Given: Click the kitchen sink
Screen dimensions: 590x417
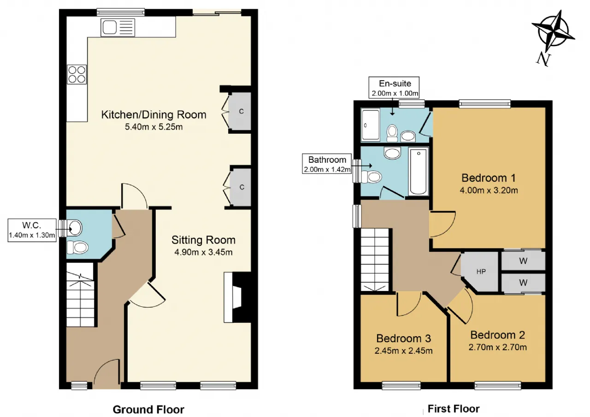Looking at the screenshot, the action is point(118,27).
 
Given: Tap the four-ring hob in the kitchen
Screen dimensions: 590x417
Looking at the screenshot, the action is point(77,74).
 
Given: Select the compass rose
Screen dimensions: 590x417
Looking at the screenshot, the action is point(553,38).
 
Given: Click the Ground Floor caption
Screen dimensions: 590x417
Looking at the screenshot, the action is point(148,409).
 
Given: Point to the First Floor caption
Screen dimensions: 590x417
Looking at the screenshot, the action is point(453,409).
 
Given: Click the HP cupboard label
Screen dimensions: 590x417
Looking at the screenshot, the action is point(481,272).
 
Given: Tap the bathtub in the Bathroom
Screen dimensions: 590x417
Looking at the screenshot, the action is point(418,171).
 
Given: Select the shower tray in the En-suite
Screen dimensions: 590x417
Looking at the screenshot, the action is point(370,125).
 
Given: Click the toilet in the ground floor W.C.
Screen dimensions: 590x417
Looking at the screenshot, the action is point(77,247).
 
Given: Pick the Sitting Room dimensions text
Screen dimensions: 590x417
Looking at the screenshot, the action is point(203,252).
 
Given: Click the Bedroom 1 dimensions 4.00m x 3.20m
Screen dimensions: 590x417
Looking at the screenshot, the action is point(489,191).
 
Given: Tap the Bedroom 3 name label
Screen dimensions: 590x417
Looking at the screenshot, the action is point(403,339).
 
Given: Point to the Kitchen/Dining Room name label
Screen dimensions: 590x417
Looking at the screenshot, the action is point(153,115).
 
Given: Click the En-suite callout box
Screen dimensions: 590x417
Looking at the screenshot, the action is point(394,88).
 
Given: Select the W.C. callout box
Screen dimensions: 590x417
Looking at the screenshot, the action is point(32,230).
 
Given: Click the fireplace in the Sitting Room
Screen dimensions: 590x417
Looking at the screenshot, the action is point(237,297).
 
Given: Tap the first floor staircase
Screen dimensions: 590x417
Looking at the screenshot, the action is point(375,260).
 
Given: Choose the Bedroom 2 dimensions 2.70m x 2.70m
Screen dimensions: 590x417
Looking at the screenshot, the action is point(497,347).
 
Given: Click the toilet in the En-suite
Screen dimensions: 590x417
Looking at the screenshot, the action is point(392,133).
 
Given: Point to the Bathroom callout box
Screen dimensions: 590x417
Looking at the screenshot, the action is point(327,164).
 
